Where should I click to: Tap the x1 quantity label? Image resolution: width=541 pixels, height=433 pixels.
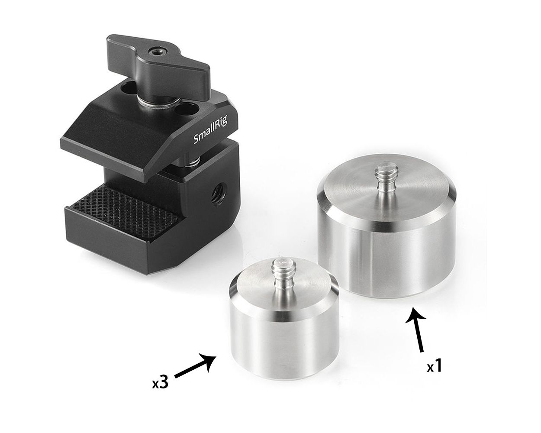coord(435,368)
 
